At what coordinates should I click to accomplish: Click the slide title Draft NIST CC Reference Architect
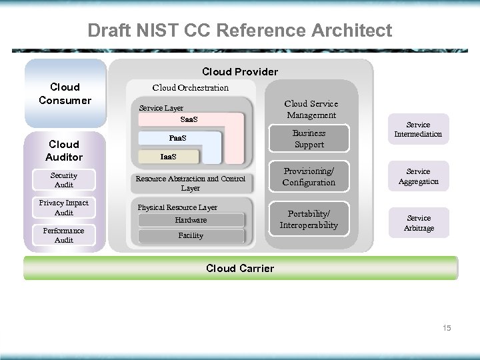click(x=240, y=31)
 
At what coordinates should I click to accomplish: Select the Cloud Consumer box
click(x=65, y=93)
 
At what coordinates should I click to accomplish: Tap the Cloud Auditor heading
click(x=65, y=150)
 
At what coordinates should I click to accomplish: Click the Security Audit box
click(x=64, y=180)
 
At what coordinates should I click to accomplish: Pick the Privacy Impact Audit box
click(x=64, y=207)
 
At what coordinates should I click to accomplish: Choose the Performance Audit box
click(x=64, y=235)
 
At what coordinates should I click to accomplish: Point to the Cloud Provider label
click(x=240, y=71)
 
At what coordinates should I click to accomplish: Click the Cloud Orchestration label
click(x=190, y=87)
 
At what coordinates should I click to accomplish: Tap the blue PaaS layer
click(x=178, y=139)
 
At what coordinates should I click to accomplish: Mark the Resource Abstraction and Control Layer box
click(x=190, y=183)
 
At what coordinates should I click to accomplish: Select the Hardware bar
click(x=191, y=220)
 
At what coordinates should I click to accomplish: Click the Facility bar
click(x=191, y=236)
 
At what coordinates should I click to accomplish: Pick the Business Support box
click(x=309, y=139)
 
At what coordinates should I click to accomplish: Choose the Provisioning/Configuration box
click(x=309, y=177)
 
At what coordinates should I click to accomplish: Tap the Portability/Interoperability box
click(x=309, y=219)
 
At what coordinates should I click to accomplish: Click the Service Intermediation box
click(x=418, y=129)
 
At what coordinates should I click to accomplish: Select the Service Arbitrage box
click(x=418, y=223)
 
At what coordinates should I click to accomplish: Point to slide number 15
click(x=446, y=327)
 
